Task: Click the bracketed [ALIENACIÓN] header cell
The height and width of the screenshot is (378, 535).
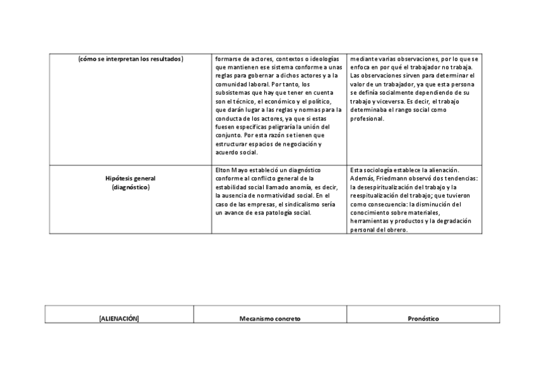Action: coord(119,319)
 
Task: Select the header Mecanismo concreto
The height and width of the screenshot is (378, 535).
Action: coord(269,319)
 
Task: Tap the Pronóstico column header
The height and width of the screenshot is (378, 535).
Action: coord(423,319)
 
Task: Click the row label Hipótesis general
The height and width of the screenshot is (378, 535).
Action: coord(131,179)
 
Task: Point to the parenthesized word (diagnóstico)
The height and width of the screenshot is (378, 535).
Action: coord(131,187)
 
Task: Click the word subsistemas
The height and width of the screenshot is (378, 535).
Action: coord(232,93)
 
